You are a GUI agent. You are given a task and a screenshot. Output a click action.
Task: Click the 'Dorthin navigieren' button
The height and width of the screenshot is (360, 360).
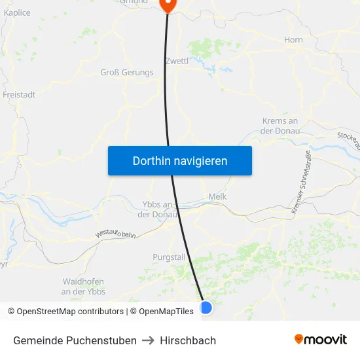(180, 160)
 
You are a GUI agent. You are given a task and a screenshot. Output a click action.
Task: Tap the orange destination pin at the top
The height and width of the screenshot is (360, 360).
(168, 5)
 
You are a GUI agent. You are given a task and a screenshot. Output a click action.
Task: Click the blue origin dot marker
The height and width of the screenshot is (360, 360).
(206, 307)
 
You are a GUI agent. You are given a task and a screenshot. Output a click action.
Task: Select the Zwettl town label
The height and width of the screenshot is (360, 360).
(177, 61)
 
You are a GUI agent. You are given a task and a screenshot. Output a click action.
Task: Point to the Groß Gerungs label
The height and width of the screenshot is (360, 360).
(127, 73)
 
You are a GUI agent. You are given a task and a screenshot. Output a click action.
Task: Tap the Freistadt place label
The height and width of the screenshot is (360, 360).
(19, 94)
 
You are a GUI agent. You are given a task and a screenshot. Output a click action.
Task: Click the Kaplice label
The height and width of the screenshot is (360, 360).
(17, 12)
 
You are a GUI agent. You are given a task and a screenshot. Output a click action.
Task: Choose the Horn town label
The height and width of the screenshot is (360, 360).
(293, 40)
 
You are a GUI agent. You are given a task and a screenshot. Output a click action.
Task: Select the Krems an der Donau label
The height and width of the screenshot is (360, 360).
(279, 126)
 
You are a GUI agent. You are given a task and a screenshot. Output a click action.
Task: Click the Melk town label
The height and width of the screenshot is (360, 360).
(217, 196)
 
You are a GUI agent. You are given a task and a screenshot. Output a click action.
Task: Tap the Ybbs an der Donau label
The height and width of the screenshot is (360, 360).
(156, 209)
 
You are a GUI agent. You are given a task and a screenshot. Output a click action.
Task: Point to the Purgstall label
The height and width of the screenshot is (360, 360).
(170, 257)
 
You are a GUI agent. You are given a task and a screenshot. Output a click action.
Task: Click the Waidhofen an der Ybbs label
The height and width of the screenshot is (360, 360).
(83, 286)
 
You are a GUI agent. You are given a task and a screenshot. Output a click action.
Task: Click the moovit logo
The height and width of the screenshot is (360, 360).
(320, 340)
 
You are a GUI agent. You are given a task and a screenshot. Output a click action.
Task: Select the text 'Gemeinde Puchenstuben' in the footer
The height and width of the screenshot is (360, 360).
(75, 340)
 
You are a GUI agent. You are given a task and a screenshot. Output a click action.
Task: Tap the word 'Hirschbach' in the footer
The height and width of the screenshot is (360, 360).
(188, 340)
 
